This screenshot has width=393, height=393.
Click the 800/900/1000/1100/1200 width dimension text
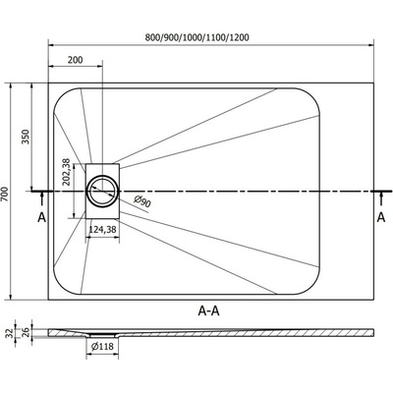tap(196, 37)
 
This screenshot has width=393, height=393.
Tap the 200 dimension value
tap(76, 60)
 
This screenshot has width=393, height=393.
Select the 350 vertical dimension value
tap(26, 137)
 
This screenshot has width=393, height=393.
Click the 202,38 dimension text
tap(67, 172)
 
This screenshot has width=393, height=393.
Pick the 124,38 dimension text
tap(103, 230)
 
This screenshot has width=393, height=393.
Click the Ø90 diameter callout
tap(142, 201)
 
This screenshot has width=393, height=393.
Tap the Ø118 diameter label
tap(102, 346)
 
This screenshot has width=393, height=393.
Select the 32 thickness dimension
tap(10, 333)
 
